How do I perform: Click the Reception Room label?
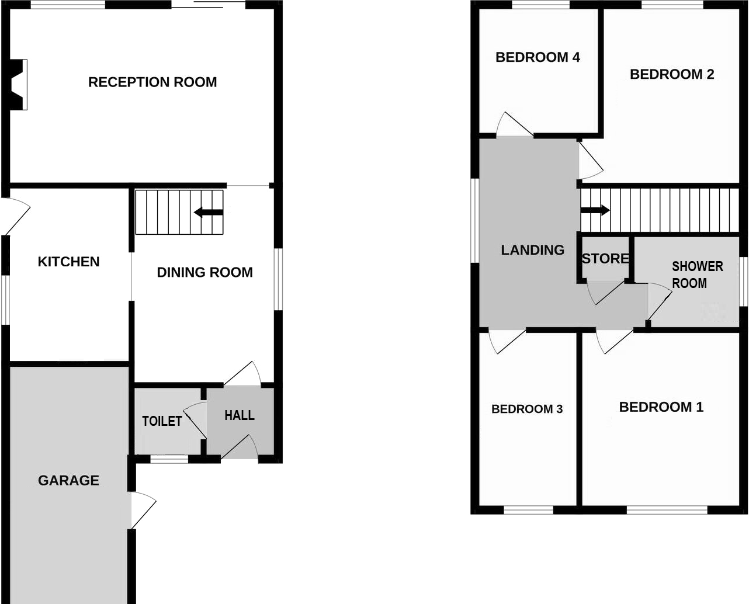point(152,82)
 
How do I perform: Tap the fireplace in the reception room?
point(19,84)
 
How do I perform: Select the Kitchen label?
point(68,262)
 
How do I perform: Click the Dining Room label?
point(204,272)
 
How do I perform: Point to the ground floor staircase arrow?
point(208,212)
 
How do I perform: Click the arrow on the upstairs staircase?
point(595,210)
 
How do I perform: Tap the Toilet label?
point(162,421)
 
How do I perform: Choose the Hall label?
point(240,415)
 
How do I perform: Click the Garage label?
point(68,481)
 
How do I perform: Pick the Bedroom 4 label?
point(538,57)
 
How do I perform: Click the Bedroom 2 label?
point(672,74)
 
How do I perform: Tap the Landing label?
point(532,250)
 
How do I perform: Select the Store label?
point(605,258)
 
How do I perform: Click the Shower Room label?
point(697,275)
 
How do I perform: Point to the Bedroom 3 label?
point(526,409)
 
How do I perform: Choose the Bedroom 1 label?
point(661,407)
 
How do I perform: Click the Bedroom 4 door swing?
point(512,125)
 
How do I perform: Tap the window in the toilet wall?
point(169,459)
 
